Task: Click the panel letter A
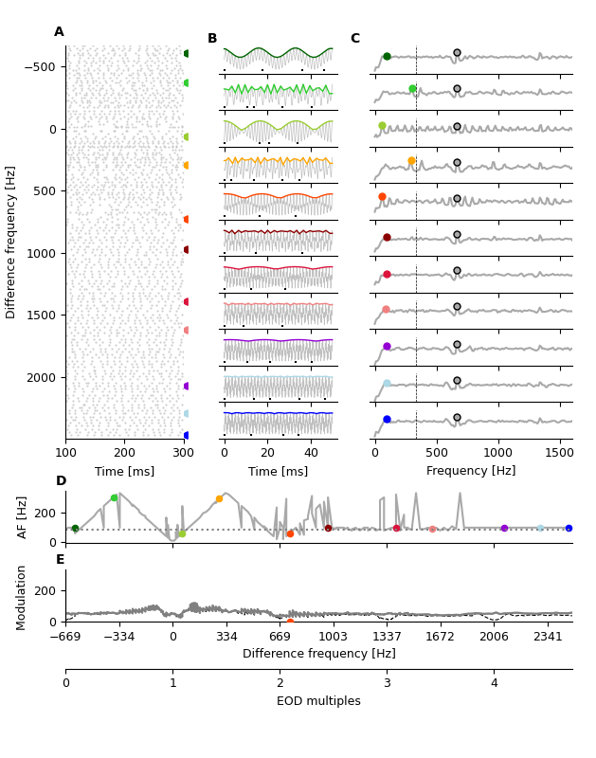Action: pyautogui.click(x=59, y=32)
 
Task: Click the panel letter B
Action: pyautogui.click(x=212, y=39)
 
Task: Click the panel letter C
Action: pyautogui.click(x=355, y=39)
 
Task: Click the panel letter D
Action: pyautogui.click(x=61, y=481)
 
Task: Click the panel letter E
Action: pyautogui.click(x=60, y=560)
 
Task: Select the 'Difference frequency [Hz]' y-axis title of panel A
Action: pyautogui.click(x=11, y=242)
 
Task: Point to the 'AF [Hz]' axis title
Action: pyautogui.click(x=23, y=516)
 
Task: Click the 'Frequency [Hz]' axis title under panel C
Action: pyautogui.click(x=471, y=471)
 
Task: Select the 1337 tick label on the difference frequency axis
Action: pyautogui.click(x=387, y=637)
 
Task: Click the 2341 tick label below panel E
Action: pyautogui.click(x=548, y=637)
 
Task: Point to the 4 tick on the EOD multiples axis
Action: pyautogui.click(x=494, y=683)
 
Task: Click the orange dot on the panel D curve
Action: pyautogui.click(x=219, y=498)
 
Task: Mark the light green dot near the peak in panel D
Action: pyautogui.click(x=114, y=497)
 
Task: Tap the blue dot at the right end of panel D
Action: pyautogui.click(x=569, y=528)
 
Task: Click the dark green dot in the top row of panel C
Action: pyautogui.click(x=387, y=57)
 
